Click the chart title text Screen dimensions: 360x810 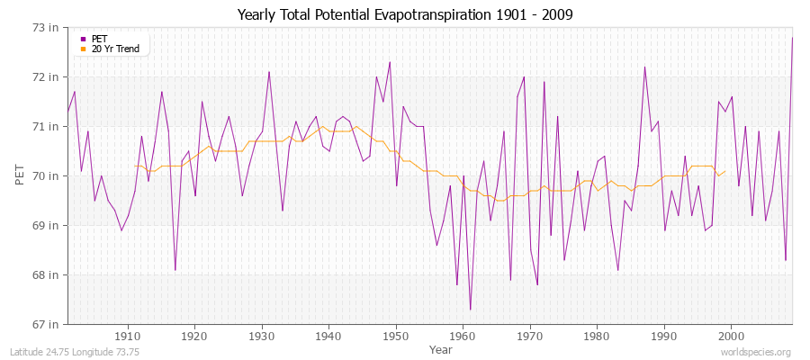(x=405, y=14)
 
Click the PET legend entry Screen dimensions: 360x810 (x=99, y=39)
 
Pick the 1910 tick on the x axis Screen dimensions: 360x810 (x=128, y=337)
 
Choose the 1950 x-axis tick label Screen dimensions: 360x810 (x=396, y=337)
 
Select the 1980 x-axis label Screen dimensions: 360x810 (x=597, y=337)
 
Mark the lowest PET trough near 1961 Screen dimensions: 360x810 (x=470, y=310)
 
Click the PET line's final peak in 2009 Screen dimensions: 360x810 (x=792, y=38)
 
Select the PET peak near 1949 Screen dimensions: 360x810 (x=390, y=62)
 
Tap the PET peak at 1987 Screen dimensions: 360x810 (x=644, y=67)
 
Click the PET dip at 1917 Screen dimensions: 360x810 (x=175, y=270)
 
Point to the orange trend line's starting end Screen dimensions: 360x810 (x=135, y=166)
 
